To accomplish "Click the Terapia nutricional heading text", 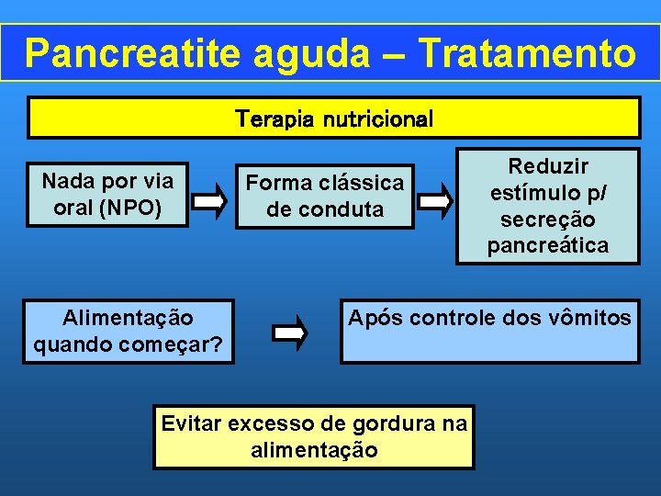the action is click(334, 119).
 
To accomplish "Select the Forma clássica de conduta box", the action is click(324, 196).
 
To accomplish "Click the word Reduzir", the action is click(548, 167).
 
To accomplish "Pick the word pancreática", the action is click(548, 246).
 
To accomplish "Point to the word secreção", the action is click(548, 220).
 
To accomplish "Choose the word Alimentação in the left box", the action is click(129, 318).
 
